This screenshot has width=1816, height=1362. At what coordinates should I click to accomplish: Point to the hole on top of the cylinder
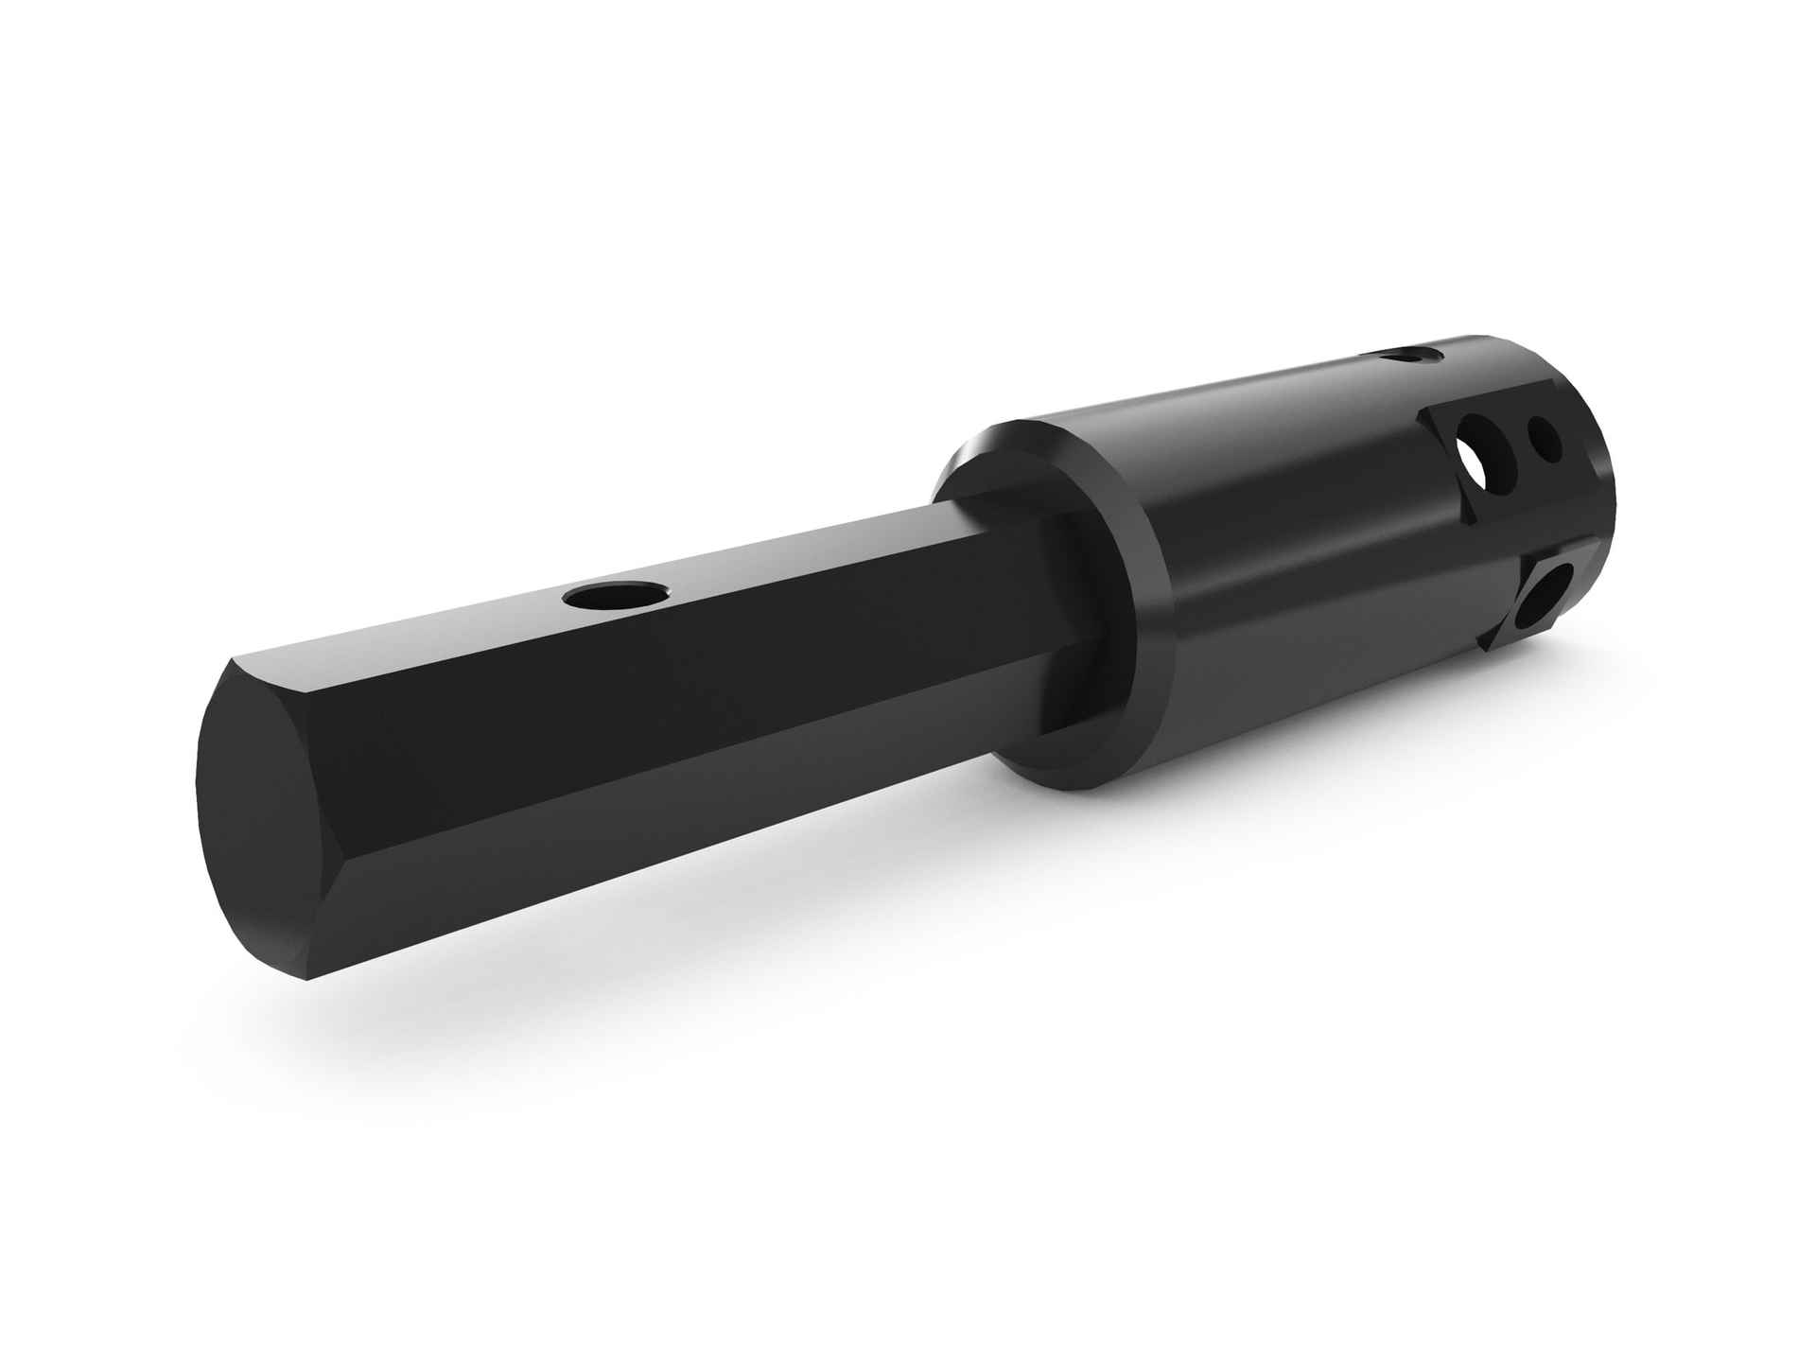coord(1409,357)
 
